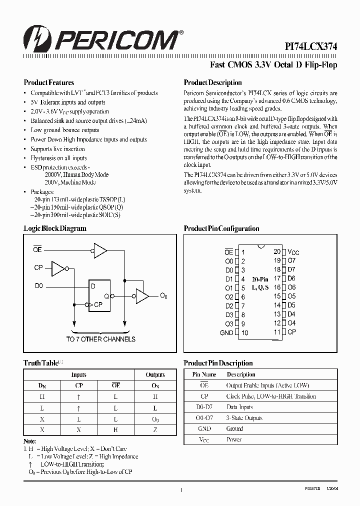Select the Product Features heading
pos(49,82)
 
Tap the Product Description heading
pos(213,82)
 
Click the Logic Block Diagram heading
pos(55,228)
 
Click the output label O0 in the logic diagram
pos(163,297)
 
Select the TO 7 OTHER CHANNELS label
pos(100,339)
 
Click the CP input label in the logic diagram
pos(38,268)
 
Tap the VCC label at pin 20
pos(293,252)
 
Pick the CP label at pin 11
pos(291,332)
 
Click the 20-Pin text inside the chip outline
pos(260,279)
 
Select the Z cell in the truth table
pos(155,429)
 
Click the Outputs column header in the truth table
pos(155,374)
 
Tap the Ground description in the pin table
pos(235,428)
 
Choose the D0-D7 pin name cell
pos(204,407)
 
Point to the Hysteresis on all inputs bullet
pos(58,158)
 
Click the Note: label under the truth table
pos(30,441)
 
